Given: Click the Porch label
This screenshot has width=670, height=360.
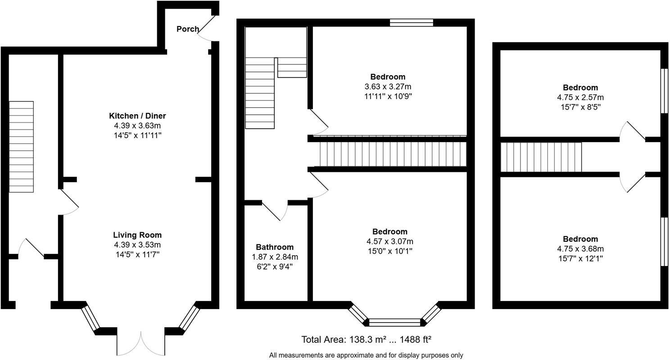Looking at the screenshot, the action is click(188, 29).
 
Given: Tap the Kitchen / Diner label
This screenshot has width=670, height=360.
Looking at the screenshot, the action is click(137, 116).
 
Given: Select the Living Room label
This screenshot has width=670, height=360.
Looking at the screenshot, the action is click(137, 235).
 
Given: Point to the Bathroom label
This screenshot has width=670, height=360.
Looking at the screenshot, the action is click(275, 247).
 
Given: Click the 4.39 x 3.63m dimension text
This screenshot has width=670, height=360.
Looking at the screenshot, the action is click(137, 126).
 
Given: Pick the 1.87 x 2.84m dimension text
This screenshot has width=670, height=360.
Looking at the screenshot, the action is click(275, 257).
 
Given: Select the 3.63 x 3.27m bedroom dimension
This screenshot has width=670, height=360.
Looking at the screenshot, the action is click(388, 87).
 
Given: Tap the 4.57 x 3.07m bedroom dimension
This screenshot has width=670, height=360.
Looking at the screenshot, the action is click(390, 241).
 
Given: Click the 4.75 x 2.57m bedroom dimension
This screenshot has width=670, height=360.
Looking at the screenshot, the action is click(580, 97).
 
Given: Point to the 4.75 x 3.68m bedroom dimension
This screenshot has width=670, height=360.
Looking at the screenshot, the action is click(580, 248).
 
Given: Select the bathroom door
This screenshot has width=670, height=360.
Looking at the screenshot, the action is click(275, 211).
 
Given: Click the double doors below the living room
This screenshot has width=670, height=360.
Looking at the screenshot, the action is click(140, 344).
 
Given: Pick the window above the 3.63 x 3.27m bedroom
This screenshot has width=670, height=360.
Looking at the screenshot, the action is click(412, 22).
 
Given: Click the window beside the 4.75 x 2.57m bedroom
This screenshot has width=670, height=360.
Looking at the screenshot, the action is click(664, 91).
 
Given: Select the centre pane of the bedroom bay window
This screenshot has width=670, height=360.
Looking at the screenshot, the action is click(394, 322).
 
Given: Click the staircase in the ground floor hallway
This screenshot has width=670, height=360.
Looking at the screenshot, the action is click(21, 147).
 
